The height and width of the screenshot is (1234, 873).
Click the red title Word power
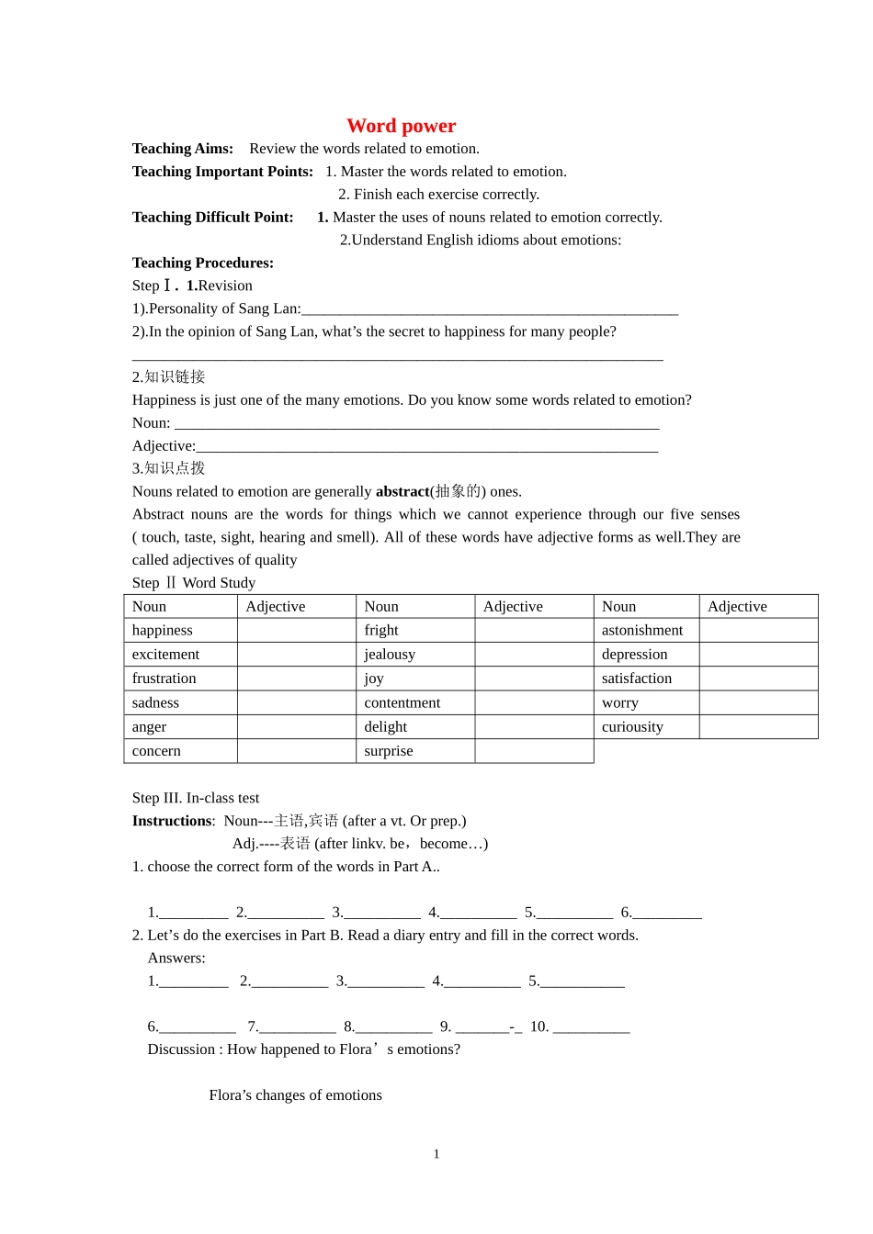point(401,126)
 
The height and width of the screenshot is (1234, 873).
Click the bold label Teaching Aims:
point(182,149)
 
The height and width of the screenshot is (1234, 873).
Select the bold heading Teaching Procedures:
point(202,263)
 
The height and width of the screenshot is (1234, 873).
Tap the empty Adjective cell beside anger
point(296,726)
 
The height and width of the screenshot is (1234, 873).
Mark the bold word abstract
point(402,491)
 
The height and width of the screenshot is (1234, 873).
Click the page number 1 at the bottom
point(436,1154)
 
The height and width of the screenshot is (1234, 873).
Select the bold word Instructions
point(172,821)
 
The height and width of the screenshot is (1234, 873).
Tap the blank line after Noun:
point(416,423)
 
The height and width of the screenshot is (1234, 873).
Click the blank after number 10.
point(591,1027)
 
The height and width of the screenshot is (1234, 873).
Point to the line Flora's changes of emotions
point(295,1095)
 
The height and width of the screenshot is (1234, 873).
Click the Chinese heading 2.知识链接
point(168,376)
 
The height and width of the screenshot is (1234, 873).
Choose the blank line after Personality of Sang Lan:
point(489,309)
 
